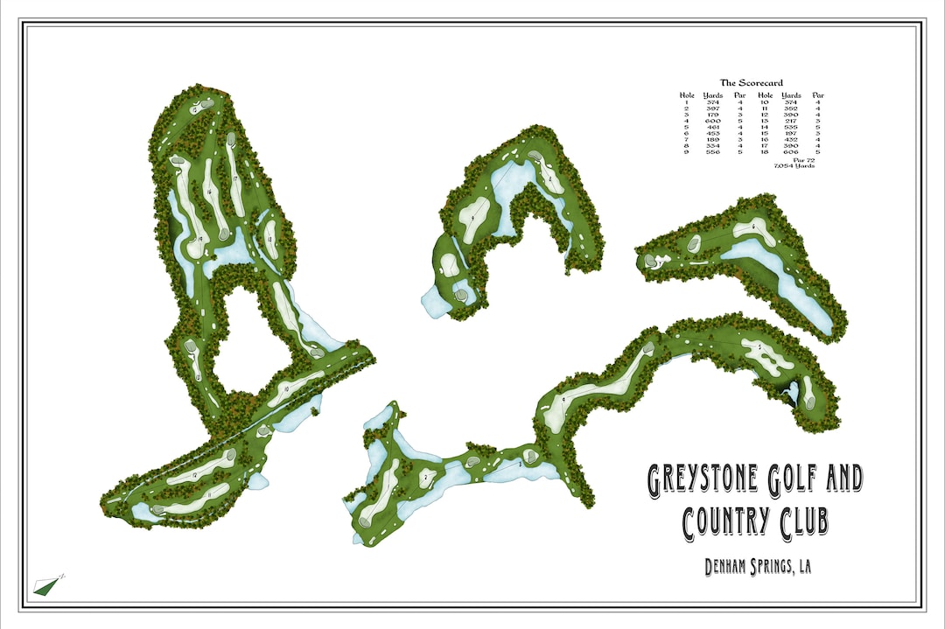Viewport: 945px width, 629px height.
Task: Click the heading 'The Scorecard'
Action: (751, 83)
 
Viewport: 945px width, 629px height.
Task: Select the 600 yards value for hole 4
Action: (712, 120)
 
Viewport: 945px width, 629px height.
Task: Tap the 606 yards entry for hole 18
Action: (791, 151)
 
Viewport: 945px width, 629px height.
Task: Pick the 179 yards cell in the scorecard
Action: (712, 114)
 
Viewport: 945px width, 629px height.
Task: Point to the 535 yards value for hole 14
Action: (791, 127)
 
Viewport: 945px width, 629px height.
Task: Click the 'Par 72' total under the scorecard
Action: (803, 160)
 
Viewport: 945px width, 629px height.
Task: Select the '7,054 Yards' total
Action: (794, 166)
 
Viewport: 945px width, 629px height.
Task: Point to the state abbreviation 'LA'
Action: (802, 567)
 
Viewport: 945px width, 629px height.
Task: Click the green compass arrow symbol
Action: (45, 586)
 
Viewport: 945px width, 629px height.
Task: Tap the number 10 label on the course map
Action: (286, 388)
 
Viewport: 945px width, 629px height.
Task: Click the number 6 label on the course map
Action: (752, 225)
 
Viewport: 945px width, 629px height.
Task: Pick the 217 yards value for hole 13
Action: (791, 120)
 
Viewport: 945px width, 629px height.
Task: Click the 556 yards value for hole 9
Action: (712, 151)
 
